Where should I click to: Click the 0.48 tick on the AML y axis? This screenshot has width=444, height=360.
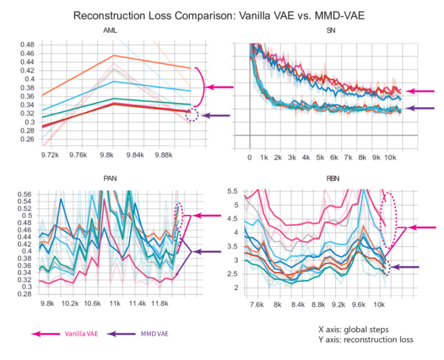pos(27,44)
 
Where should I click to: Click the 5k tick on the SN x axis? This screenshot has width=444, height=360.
pos(320,157)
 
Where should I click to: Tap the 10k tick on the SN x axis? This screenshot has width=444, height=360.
pos(390,157)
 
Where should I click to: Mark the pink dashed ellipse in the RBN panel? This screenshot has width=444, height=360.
pos(390,220)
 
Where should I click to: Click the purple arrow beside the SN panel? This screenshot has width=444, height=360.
pos(419,108)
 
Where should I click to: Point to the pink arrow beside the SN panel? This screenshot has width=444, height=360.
pos(419,91)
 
